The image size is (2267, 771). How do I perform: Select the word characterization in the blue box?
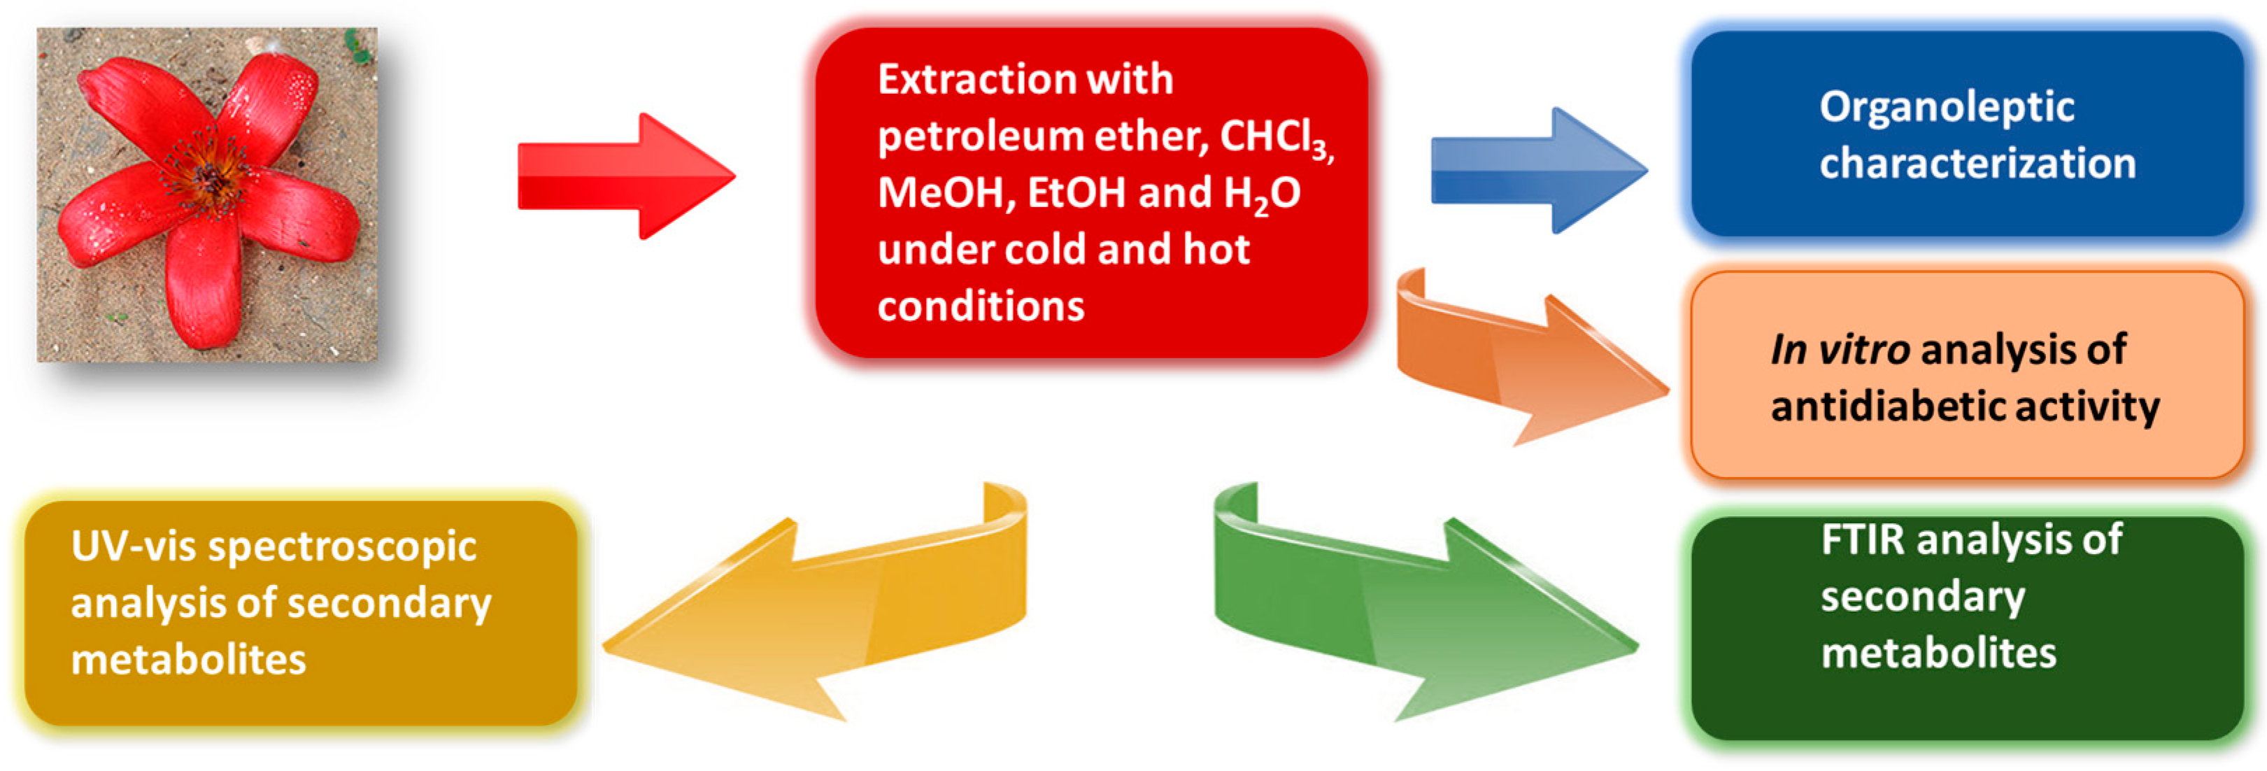pos(1977,164)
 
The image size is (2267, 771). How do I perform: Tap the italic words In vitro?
pos(1840,349)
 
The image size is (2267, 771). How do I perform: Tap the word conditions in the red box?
pos(981,306)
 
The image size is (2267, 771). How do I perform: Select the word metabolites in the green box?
pos(1938,653)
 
